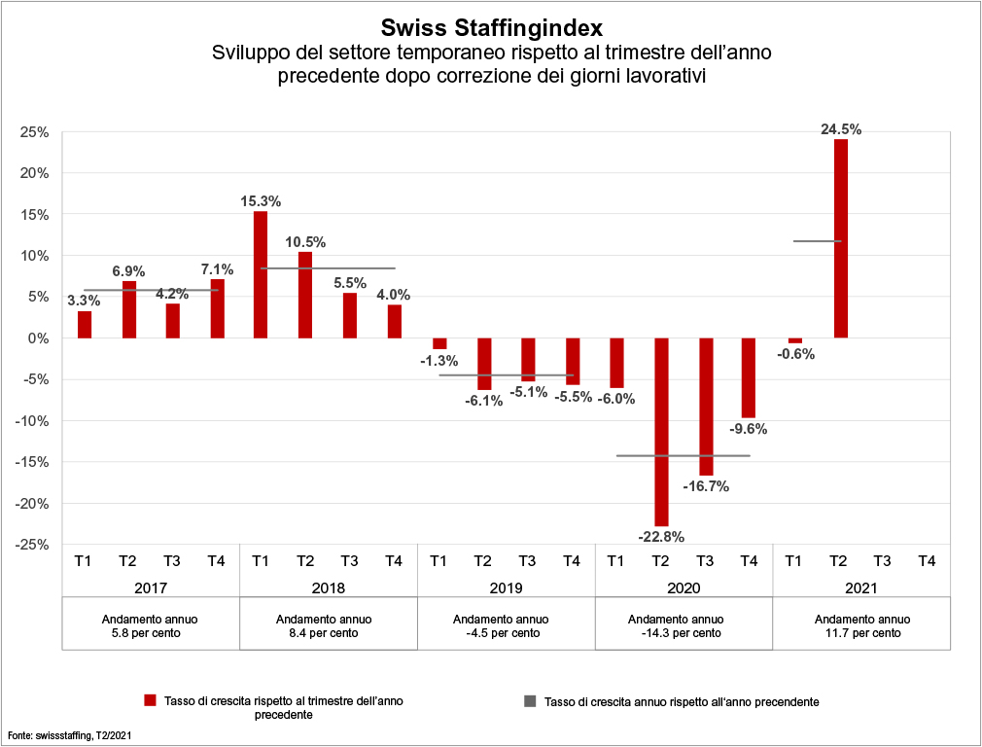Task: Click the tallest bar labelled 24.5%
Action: point(841,238)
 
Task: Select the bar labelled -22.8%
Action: point(662,432)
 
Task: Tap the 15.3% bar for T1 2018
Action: point(261,274)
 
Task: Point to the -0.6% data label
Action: point(795,354)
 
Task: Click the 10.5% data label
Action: point(305,242)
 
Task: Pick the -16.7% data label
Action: point(706,485)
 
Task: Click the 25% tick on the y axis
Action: point(35,131)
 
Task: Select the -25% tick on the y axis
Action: point(33,545)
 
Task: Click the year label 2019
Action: point(506,587)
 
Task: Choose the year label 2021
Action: point(861,587)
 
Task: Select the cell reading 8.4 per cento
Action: point(328,632)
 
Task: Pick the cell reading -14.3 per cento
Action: point(684,632)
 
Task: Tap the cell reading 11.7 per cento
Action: point(861,632)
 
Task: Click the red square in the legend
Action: point(150,700)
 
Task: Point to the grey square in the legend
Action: point(531,700)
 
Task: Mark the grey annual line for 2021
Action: point(817,241)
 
